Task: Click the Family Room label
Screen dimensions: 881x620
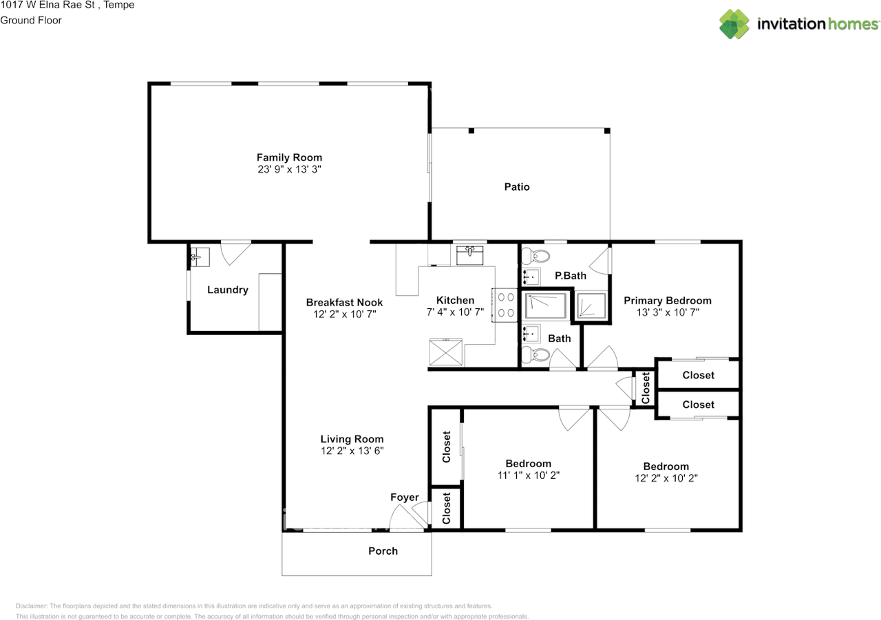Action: (x=289, y=158)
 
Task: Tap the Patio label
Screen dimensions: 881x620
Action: (x=517, y=186)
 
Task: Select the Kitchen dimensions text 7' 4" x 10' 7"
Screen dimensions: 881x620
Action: (x=455, y=312)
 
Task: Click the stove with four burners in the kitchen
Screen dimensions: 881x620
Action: (x=505, y=306)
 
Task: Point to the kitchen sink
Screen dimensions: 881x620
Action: (x=469, y=255)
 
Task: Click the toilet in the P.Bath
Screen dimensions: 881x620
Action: (x=535, y=256)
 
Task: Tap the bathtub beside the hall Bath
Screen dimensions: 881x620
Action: (x=546, y=306)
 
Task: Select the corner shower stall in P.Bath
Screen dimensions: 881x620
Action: (x=591, y=306)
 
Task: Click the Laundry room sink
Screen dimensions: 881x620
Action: (x=200, y=257)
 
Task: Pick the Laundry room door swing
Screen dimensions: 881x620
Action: (x=235, y=253)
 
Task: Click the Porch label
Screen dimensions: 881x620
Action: (x=383, y=550)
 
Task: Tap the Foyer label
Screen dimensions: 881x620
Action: (x=404, y=498)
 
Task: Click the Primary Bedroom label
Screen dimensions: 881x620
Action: (x=668, y=301)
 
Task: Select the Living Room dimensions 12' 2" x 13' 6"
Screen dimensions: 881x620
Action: (x=352, y=451)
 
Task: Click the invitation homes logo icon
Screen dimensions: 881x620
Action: (x=734, y=24)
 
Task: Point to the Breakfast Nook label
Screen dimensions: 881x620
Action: (x=344, y=302)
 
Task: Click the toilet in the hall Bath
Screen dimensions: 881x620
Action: (x=535, y=354)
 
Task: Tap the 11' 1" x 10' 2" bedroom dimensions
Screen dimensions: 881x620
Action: (x=528, y=475)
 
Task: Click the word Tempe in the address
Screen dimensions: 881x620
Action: (x=118, y=5)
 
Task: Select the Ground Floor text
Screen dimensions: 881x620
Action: (x=31, y=21)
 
